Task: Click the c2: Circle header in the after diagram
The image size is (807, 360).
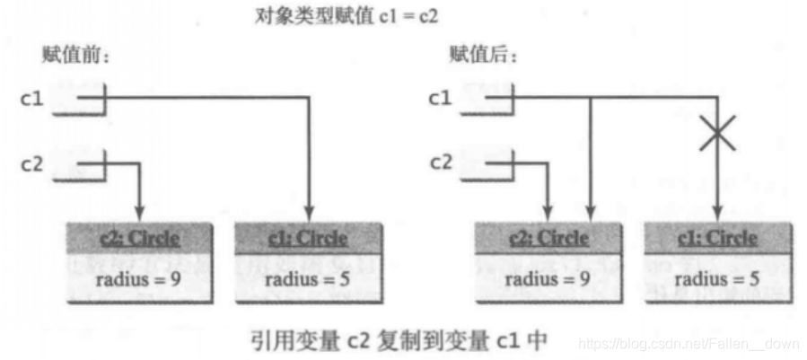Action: pyautogui.click(x=547, y=239)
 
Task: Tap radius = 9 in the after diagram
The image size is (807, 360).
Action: pyautogui.click(x=547, y=279)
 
